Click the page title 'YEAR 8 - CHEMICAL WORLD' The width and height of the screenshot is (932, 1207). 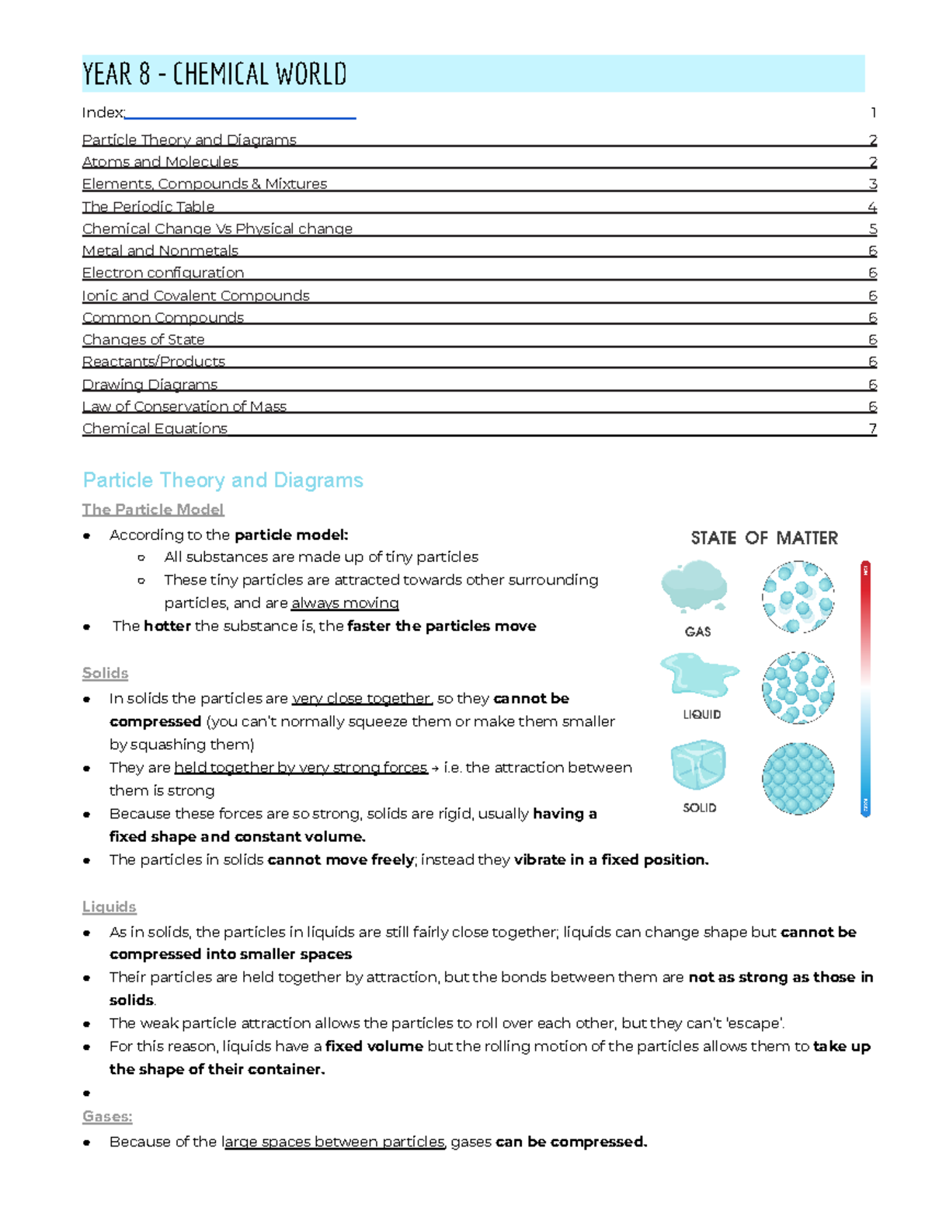214,75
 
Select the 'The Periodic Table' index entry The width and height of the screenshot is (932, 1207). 148,207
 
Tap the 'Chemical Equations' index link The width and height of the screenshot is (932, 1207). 155,428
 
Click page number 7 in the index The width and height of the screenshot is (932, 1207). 873,428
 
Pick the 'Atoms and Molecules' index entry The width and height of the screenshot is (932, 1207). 160,162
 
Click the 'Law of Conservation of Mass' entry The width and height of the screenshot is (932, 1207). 184,406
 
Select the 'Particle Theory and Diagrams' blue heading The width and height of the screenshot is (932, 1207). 223,480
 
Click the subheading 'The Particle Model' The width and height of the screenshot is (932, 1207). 153,510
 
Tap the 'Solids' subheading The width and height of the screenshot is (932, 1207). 105,673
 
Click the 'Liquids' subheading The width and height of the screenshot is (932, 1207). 109,907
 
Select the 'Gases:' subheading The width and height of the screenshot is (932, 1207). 107,1117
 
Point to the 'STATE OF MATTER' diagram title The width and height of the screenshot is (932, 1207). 764,538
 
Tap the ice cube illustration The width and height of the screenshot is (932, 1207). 698,765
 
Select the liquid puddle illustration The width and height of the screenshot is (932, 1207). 699,674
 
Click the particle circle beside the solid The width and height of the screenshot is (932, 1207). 798,778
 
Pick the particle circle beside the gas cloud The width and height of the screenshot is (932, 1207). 798,597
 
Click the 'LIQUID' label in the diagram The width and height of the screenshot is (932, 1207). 701,714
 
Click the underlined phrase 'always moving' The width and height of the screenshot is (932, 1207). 345,603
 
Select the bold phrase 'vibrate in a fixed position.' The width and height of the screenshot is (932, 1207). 611,860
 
